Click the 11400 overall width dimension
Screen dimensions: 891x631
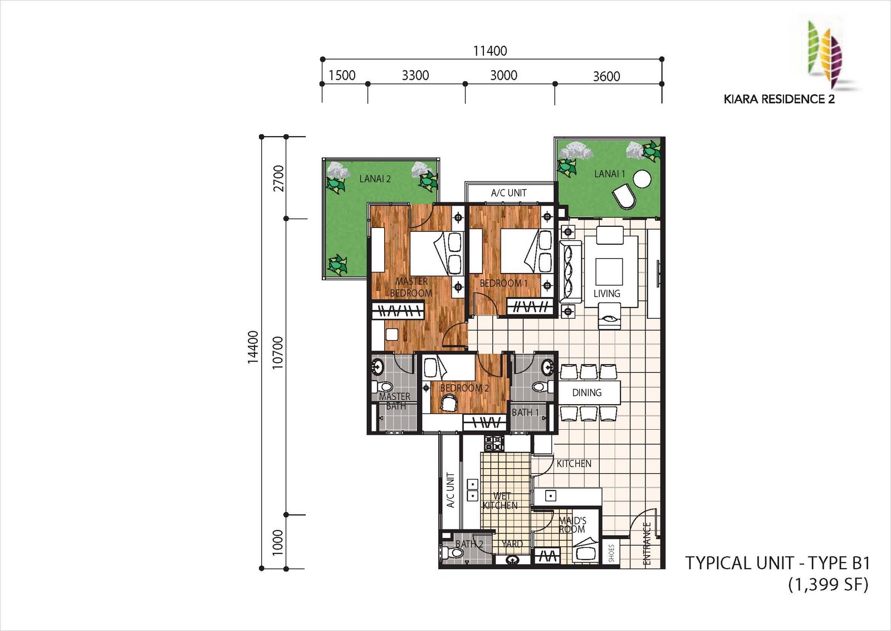[x=490, y=51]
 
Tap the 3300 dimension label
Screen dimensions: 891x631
[x=415, y=75]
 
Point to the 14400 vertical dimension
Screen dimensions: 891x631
[x=253, y=347]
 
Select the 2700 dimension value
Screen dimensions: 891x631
[x=278, y=178]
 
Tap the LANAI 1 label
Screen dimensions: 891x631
[x=609, y=174]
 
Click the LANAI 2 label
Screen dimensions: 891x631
[x=375, y=179]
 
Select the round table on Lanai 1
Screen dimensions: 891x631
[x=642, y=178]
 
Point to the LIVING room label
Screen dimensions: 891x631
[x=606, y=293]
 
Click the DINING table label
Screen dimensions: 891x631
[x=587, y=392]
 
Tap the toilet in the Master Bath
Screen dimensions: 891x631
[x=382, y=386]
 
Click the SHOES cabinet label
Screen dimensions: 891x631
[x=611, y=554]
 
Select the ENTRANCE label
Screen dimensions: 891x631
[x=647, y=544]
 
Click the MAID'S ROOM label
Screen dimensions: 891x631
[x=572, y=525]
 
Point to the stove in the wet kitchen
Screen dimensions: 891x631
[x=494, y=443]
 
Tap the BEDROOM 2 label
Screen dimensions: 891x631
[x=464, y=388]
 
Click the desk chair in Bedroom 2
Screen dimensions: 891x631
[x=450, y=403]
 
